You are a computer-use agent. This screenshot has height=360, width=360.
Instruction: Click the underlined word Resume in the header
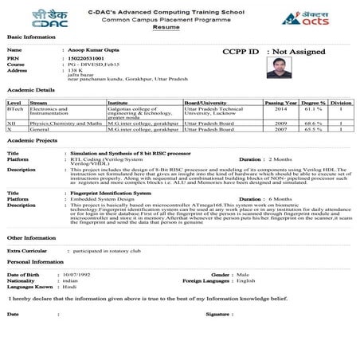point(179,27)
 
